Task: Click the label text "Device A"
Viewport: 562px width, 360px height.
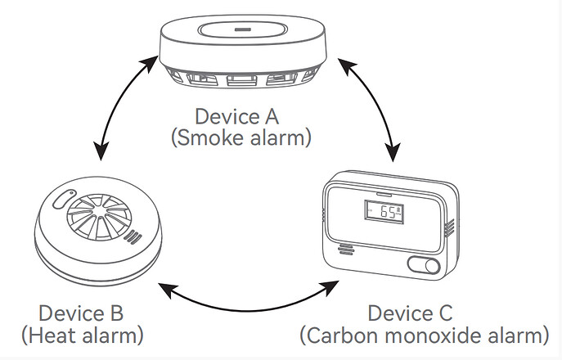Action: (236, 116)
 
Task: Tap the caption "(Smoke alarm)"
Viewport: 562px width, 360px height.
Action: (241, 138)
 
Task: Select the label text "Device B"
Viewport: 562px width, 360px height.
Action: (81, 313)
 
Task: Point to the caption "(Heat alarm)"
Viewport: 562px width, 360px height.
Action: (83, 335)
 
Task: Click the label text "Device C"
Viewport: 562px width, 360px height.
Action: (410, 313)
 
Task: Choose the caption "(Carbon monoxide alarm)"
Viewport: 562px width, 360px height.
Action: (425, 335)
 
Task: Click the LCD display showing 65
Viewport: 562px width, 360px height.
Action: (384, 212)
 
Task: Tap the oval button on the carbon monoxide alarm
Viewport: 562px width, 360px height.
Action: (424, 266)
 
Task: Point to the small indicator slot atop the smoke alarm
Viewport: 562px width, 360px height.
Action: (243, 29)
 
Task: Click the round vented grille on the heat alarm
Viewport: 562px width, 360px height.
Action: (99, 218)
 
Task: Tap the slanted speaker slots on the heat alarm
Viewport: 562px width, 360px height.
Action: (133, 236)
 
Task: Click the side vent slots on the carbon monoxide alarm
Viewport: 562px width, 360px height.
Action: (449, 228)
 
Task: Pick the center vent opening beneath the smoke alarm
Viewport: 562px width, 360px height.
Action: (242, 80)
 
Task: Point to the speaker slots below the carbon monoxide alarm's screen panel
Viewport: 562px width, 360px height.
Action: (345, 250)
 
